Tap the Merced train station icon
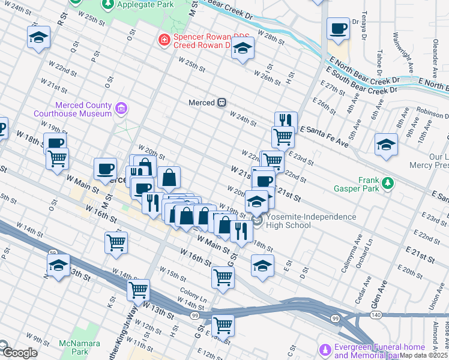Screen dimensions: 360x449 tap(221, 103)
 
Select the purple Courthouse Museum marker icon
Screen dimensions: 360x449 tap(121, 109)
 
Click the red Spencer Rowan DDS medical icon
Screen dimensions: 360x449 tap(163, 40)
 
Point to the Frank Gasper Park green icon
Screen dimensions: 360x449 tap(388, 183)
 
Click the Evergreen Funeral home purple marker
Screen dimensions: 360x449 tap(325, 349)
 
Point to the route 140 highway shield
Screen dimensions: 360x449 tap(376, 314)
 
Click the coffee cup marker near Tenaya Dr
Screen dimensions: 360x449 tap(338, 28)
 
